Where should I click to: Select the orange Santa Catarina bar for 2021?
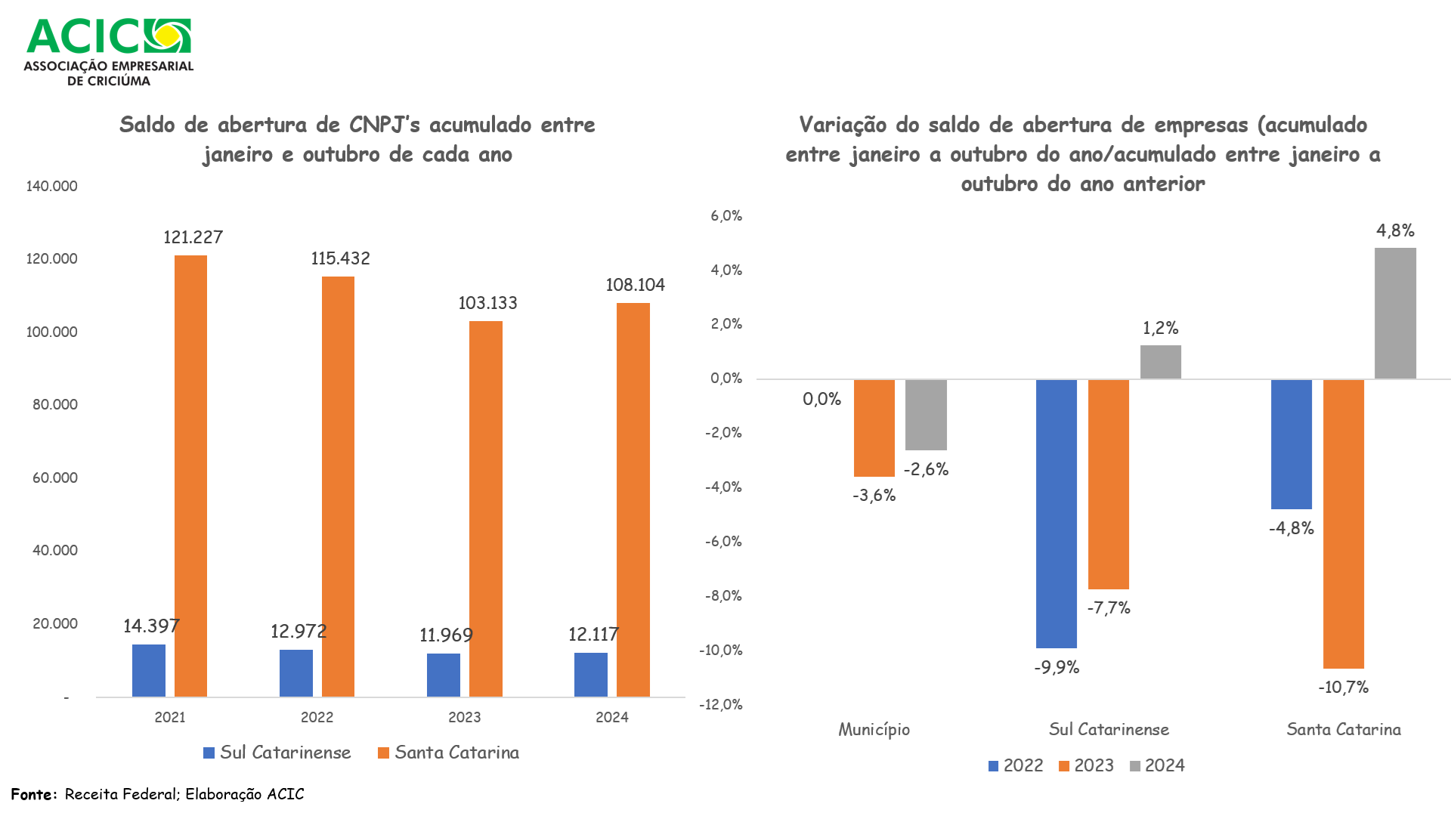point(190,476)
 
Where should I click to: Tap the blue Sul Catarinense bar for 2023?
point(443,675)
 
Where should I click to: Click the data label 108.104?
point(635,285)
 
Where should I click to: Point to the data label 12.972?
point(299,631)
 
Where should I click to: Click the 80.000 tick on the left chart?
point(54,405)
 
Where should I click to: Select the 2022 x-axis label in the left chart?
point(317,717)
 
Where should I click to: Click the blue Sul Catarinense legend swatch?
point(209,753)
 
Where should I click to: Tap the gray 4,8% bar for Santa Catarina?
point(1395,313)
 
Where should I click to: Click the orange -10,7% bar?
point(1343,524)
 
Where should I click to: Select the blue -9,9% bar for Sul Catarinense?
point(1056,514)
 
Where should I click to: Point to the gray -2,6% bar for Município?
point(926,415)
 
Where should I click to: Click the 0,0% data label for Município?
point(821,399)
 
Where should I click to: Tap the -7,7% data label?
point(1109,608)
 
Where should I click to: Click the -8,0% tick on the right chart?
point(723,596)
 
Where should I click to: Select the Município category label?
point(874,730)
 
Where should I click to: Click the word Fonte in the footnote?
point(32,794)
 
